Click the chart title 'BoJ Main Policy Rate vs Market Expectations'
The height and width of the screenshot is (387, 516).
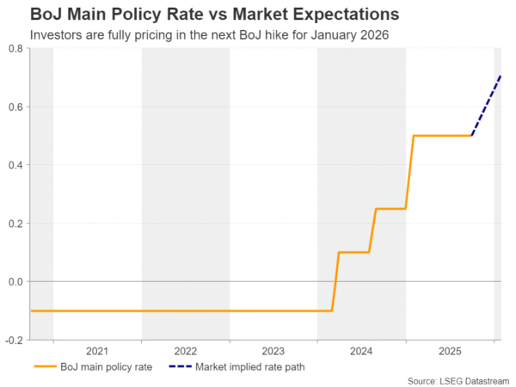click(202, 15)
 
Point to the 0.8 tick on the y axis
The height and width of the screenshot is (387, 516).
click(15, 49)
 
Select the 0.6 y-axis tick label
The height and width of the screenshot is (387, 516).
click(15, 107)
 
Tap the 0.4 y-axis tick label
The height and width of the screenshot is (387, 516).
click(15, 165)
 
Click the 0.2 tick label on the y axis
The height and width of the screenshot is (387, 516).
click(15, 224)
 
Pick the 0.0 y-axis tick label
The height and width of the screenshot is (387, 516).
click(15, 281)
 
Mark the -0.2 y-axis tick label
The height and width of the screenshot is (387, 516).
click(14, 340)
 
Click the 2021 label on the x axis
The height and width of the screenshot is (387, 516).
click(97, 351)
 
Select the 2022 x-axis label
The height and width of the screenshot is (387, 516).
click(185, 351)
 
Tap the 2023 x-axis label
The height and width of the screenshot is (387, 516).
click(273, 351)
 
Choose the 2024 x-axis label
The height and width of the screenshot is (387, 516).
click(361, 351)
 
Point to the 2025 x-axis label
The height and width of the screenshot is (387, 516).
click(449, 351)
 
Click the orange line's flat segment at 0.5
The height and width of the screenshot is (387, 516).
click(443, 136)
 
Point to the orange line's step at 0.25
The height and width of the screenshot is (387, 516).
click(390, 209)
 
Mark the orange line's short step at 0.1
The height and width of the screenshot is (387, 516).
click(353, 252)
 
